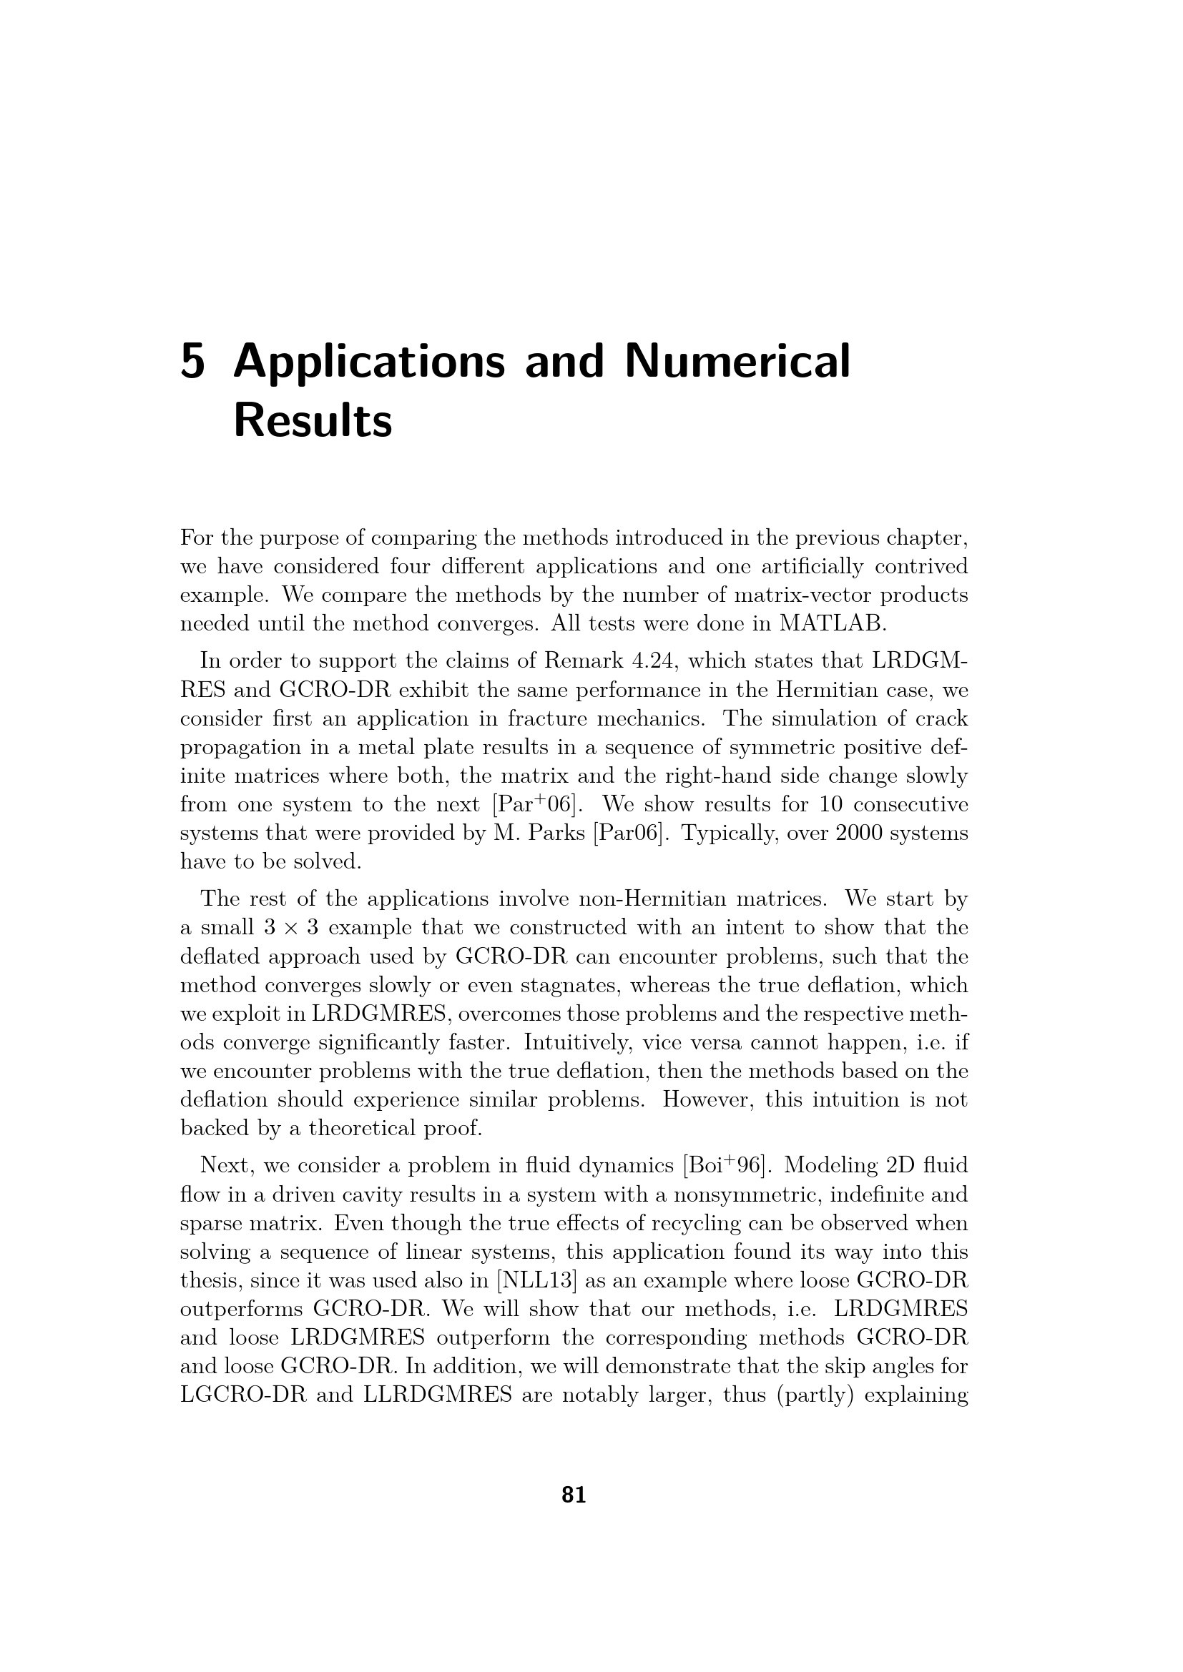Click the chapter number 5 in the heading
tap(192, 362)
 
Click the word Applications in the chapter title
tap(368, 362)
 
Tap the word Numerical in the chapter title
tap(737, 362)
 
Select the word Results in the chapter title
tap(313, 421)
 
